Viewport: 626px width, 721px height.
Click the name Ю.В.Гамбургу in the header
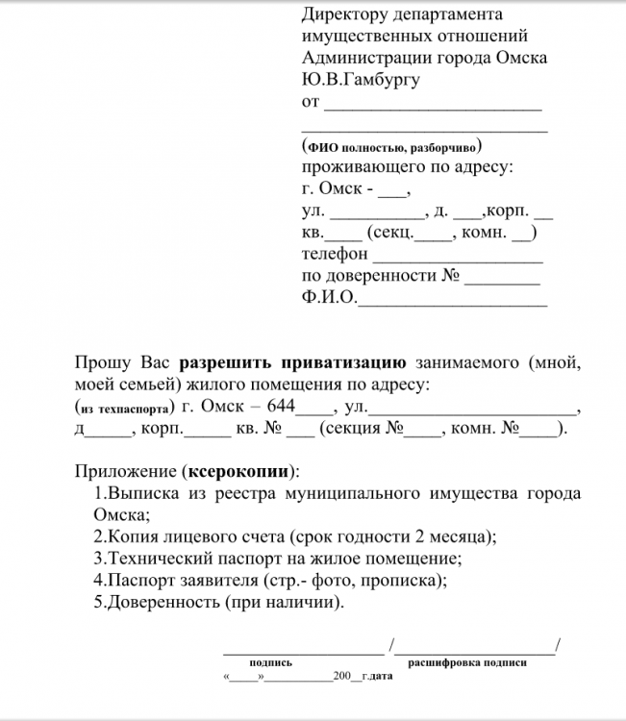361,79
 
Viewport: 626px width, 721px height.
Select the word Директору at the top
346,14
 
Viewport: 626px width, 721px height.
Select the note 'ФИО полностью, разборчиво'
390,148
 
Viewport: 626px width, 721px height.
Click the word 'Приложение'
124,472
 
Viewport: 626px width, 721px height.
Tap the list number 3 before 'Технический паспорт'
98,558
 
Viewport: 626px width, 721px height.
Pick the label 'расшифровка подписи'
467,662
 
